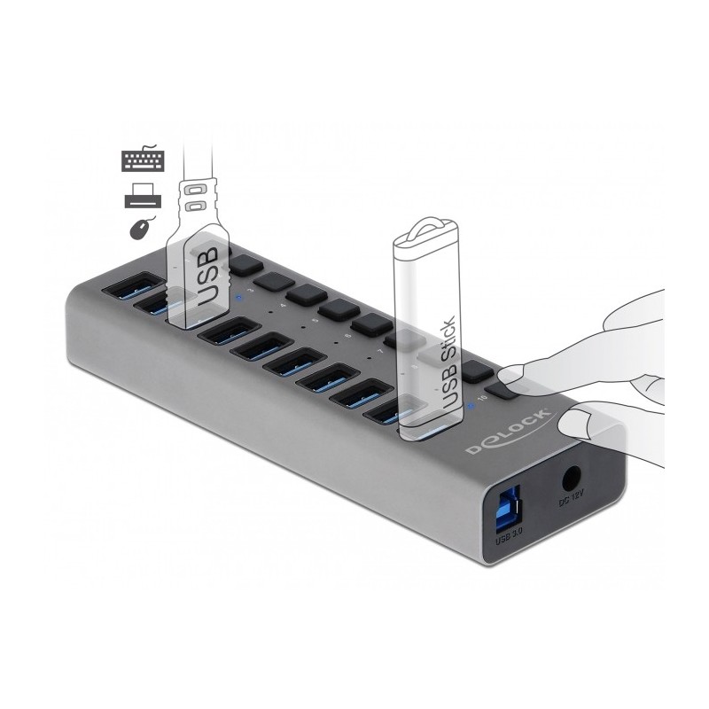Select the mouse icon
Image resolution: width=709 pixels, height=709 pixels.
click(140, 229)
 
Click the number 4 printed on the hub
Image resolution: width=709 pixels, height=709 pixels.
click(282, 308)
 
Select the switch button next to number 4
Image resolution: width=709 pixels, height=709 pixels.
click(305, 293)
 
